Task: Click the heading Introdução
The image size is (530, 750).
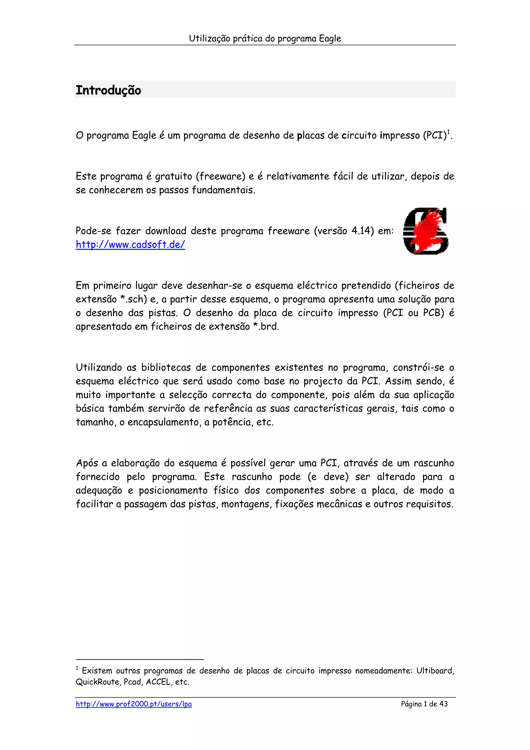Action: click(108, 90)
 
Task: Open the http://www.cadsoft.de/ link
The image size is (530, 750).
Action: click(130, 245)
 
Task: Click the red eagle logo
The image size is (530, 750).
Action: click(425, 231)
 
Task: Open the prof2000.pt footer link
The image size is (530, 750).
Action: click(134, 704)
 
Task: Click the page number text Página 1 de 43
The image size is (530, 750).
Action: click(424, 704)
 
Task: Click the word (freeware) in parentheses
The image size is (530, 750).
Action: click(220, 176)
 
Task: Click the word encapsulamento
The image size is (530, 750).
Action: click(164, 422)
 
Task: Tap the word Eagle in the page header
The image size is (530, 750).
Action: click(330, 39)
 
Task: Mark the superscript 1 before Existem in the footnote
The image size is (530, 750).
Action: click(77, 668)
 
